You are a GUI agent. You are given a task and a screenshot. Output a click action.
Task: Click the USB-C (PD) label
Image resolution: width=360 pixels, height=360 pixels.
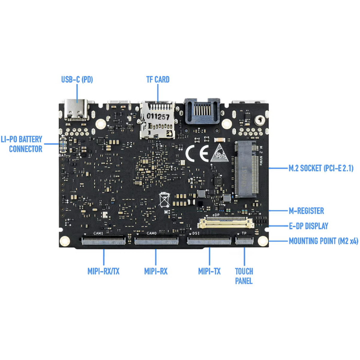point(77,79)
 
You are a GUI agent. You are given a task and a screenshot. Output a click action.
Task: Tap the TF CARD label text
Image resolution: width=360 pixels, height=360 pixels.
point(158,79)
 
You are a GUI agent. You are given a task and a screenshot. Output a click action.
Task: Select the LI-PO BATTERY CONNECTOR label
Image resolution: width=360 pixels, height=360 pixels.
point(22,144)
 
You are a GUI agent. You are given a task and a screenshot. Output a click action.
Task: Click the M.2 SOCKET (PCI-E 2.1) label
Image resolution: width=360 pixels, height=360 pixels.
point(321,168)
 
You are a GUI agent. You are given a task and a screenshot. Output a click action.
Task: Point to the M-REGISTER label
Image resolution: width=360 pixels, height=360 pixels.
point(306,211)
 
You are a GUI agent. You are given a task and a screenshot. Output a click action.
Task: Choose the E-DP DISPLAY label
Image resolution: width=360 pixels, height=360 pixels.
point(308,226)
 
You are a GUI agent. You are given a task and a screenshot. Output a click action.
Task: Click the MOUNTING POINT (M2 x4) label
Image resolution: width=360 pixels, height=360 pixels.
point(323,241)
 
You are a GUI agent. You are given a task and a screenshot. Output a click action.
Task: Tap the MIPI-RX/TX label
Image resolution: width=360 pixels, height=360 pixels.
point(103,271)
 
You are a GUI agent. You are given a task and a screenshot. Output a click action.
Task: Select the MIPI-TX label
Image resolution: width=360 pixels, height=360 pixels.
point(209,271)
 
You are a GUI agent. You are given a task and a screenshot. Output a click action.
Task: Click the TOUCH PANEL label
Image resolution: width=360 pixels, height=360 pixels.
point(244,276)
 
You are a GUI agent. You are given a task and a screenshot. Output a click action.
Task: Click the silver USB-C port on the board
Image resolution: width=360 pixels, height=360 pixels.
point(77,109)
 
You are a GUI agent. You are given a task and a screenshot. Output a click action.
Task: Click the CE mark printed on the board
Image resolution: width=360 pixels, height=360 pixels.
point(197,153)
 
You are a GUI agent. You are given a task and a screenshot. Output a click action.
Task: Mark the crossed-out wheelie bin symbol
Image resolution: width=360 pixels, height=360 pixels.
point(164,200)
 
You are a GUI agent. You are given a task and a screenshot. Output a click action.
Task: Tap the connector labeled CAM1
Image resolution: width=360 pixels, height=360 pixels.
point(103,240)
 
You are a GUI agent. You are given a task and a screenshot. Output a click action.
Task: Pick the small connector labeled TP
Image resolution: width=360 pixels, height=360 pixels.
point(244,240)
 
